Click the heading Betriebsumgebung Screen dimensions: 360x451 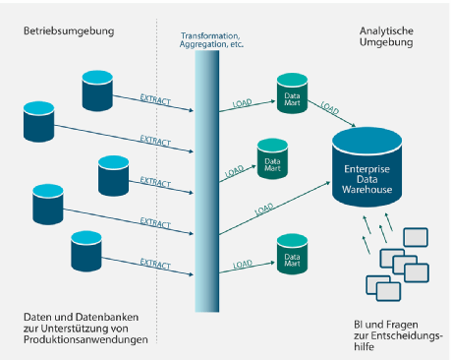(x=69, y=31)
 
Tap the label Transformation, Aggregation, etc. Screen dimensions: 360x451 (x=212, y=42)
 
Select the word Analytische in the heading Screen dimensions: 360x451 (x=385, y=31)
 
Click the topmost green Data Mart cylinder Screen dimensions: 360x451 (x=292, y=90)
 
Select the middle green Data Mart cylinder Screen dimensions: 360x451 (x=273, y=157)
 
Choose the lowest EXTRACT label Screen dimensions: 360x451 (x=155, y=263)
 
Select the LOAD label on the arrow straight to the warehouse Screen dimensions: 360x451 (x=264, y=209)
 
